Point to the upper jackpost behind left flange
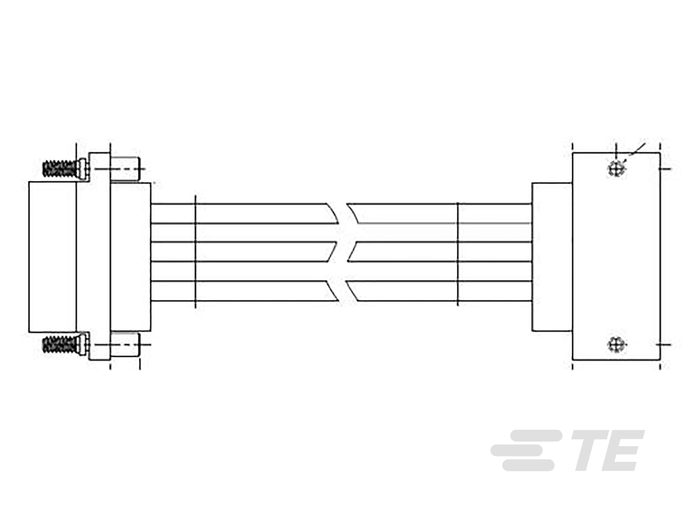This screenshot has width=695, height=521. pyautogui.click(x=125, y=169)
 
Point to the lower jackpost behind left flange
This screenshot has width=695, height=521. pyautogui.click(x=125, y=344)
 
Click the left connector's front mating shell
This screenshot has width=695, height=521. pyautogui.click(x=52, y=257)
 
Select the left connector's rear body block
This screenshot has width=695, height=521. pyautogui.click(x=130, y=257)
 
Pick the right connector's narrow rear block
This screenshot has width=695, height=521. pyautogui.click(x=552, y=257)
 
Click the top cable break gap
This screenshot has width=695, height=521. pyautogui.click(x=342, y=213)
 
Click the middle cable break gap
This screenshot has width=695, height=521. pyautogui.click(x=342, y=252)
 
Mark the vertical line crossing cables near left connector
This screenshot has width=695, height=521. pyautogui.click(x=195, y=251)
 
